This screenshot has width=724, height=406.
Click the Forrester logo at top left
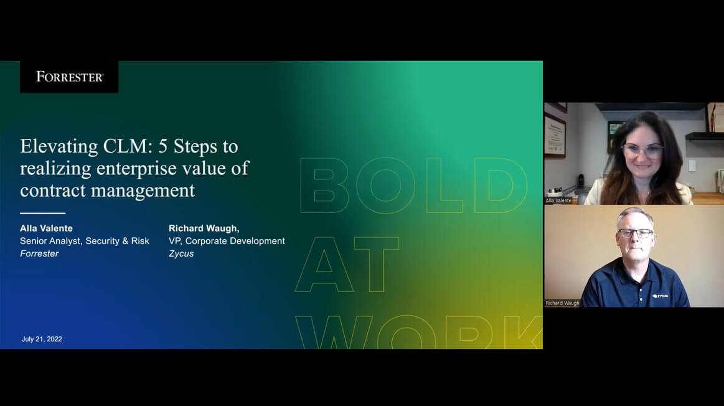(x=69, y=77)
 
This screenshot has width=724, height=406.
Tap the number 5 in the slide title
(x=161, y=146)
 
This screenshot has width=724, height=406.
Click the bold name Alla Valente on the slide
(x=46, y=229)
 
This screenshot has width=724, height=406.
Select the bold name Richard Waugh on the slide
(x=204, y=229)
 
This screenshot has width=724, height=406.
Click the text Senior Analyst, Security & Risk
(x=85, y=241)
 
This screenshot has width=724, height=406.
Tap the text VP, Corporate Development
(x=227, y=241)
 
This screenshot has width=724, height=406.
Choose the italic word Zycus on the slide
(x=181, y=253)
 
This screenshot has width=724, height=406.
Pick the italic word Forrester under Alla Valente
(x=39, y=253)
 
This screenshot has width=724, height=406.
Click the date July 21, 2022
(x=42, y=339)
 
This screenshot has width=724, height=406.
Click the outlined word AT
(x=347, y=265)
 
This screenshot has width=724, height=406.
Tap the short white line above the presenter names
(x=42, y=214)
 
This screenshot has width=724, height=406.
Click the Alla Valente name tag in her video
(x=558, y=201)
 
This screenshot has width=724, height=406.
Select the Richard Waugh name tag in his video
(x=562, y=303)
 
